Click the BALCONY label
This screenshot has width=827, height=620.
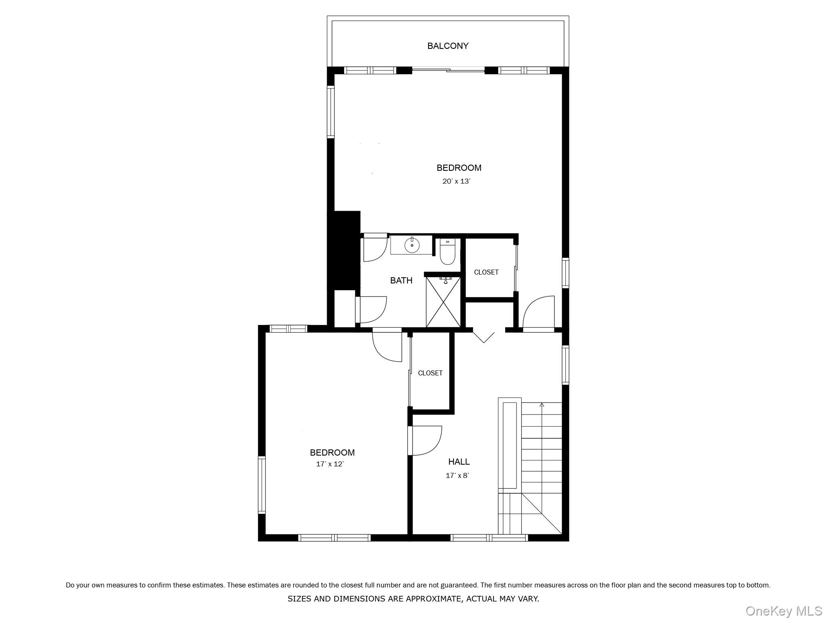click(448, 46)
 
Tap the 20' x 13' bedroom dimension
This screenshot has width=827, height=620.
click(456, 181)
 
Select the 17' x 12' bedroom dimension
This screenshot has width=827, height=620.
click(330, 464)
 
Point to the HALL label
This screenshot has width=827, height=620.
click(459, 461)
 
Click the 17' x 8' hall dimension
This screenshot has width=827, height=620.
click(457, 475)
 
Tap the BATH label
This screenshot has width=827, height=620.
click(401, 281)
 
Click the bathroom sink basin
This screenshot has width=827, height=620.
click(412, 245)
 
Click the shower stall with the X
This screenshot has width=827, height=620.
click(443, 302)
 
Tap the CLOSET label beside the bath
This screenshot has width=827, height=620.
click(486, 272)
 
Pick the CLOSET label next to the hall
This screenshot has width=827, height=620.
click(430, 373)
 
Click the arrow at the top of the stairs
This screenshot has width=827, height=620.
click(542, 405)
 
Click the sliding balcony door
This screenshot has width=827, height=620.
click(448, 70)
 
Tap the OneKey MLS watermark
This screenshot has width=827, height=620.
click(783, 611)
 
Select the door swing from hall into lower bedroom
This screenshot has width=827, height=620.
click(426, 441)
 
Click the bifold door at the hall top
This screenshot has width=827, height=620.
click(483, 337)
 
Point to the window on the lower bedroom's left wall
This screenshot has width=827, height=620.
click(262, 485)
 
